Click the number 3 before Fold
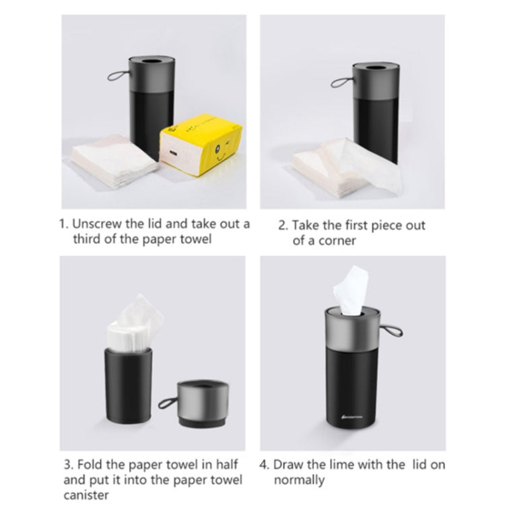point(68,464)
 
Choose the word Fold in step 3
point(92,464)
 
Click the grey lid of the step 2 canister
point(368,75)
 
